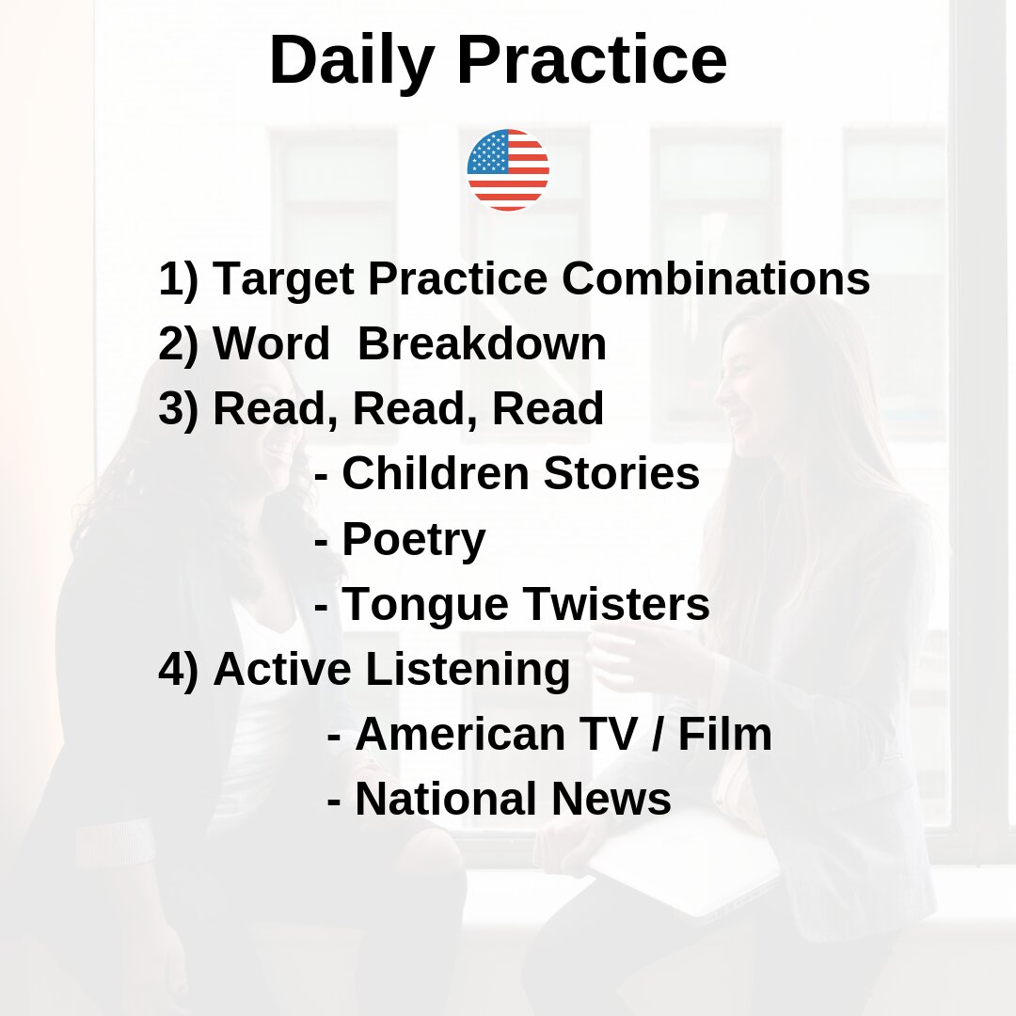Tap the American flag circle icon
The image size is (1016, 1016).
pos(508,169)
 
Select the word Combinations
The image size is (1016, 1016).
pos(716,278)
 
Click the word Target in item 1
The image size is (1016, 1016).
pos(284,280)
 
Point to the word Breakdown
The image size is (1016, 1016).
pos(482,343)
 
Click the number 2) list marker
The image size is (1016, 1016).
pos(178,344)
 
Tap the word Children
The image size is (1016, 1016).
pos(436,473)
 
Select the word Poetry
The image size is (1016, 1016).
pos(413,540)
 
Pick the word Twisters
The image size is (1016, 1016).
pos(615,604)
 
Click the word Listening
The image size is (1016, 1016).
pos(468,670)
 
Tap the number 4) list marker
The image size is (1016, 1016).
pos(178,670)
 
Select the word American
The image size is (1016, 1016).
pos(461,734)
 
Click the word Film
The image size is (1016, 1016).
pos(725,734)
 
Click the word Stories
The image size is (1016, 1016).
pos(622,473)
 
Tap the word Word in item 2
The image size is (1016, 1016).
pos(272,343)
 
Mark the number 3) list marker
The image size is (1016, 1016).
pos(178,410)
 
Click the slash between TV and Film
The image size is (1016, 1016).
pos(657,735)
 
